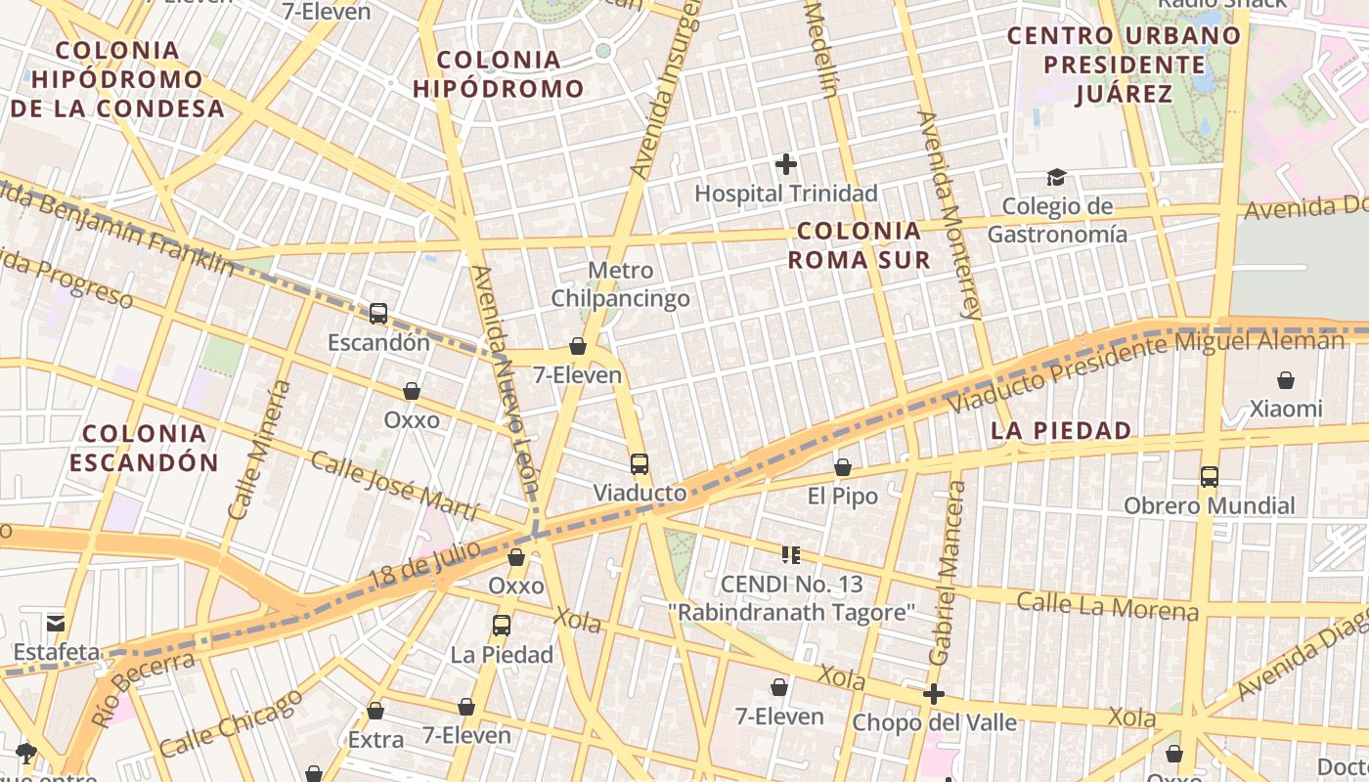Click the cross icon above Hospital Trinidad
pyautogui.click(x=785, y=164)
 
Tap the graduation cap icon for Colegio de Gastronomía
pyautogui.click(x=1056, y=177)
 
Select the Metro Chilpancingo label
pyautogui.click(x=621, y=284)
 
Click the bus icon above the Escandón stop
pyautogui.click(x=378, y=314)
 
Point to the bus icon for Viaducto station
pyautogui.click(x=640, y=464)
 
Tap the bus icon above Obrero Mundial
pyautogui.click(x=1210, y=477)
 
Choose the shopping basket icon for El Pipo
pyautogui.click(x=843, y=467)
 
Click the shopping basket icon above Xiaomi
pyautogui.click(x=1286, y=380)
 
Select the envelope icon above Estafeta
pyautogui.click(x=56, y=623)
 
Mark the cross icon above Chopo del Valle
pyautogui.click(x=934, y=694)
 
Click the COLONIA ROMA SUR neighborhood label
pyautogui.click(x=859, y=245)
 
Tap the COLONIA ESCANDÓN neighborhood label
pyautogui.click(x=144, y=448)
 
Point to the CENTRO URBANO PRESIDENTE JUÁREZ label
pyautogui.click(x=1124, y=65)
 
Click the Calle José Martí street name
pyautogui.click(x=394, y=486)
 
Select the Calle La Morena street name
pyautogui.click(x=1107, y=606)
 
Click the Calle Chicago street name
pyautogui.click(x=231, y=724)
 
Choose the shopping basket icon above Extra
pyautogui.click(x=375, y=711)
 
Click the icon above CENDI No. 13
pyautogui.click(x=790, y=555)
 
